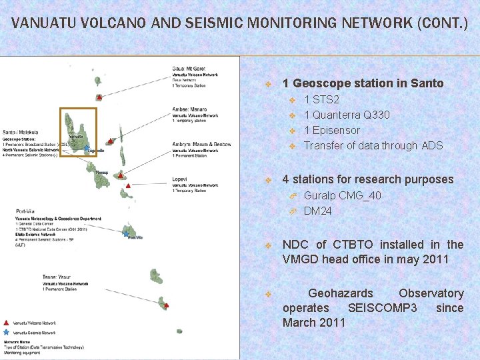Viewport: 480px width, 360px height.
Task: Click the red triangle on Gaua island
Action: (99, 97)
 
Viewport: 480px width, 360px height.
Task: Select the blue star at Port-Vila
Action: (127, 233)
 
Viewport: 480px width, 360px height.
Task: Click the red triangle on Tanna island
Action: (165, 305)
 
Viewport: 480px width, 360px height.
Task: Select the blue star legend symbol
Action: (7, 331)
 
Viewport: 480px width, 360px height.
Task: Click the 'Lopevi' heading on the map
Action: (179, 179)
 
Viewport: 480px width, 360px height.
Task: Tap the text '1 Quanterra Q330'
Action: (347, 115)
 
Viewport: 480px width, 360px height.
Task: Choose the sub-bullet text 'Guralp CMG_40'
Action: (342, 195)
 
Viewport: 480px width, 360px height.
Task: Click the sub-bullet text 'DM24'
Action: (317, 211)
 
